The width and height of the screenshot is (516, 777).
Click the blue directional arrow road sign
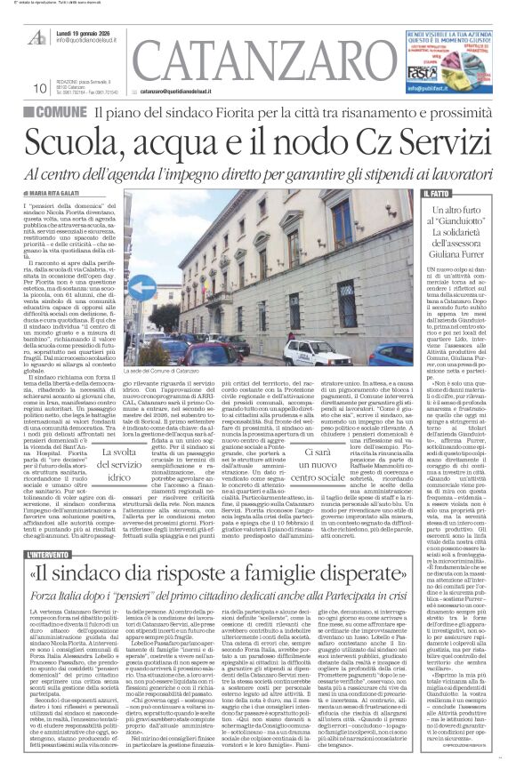(142, 286)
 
